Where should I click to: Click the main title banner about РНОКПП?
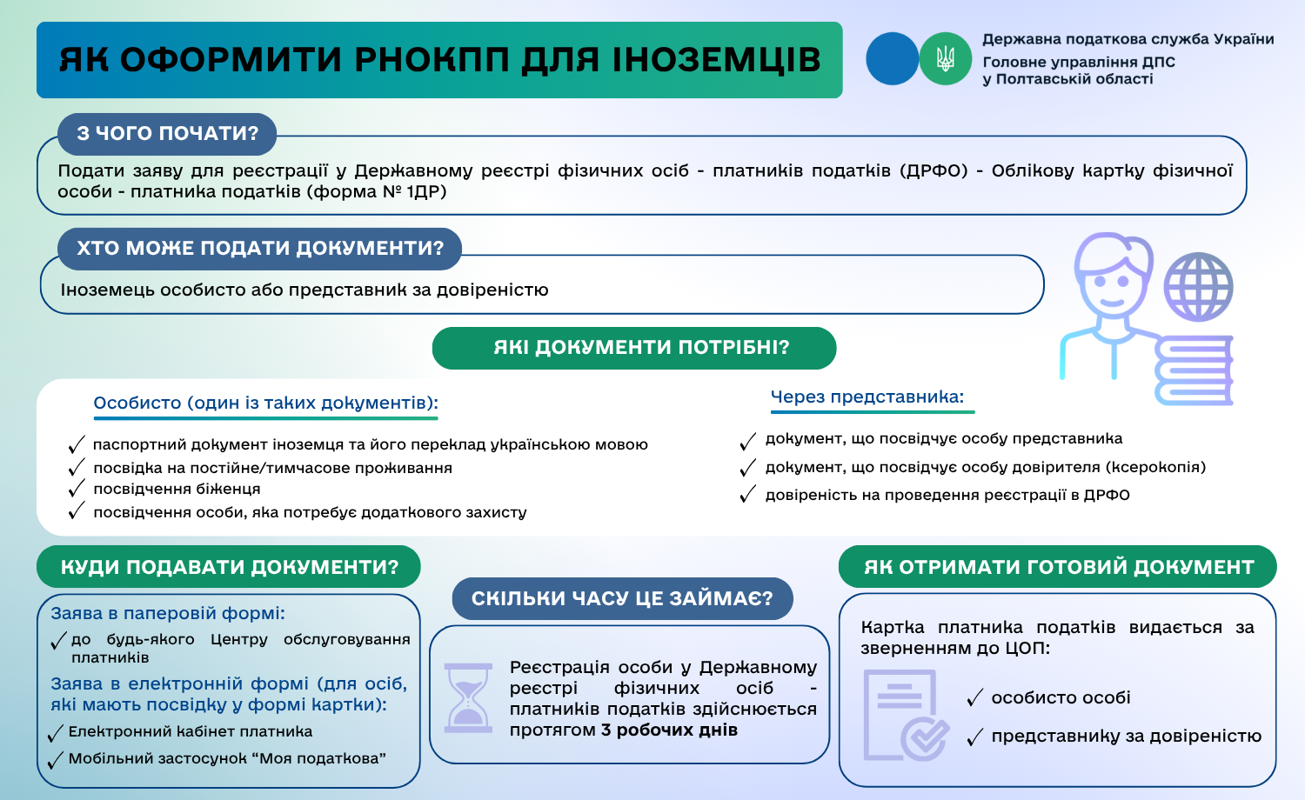click(439, 60)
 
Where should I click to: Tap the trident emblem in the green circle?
click(945, 59)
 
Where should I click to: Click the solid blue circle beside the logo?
click(892, 59)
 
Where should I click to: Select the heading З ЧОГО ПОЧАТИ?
click(167, 134)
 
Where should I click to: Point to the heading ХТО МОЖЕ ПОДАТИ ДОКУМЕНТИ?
click(259, 249)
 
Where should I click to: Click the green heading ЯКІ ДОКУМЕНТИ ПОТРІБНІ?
click(634, 348)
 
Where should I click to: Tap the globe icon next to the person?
click(1198, 287)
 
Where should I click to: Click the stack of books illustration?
click(1194, 370)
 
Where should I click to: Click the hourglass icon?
click(468, 697)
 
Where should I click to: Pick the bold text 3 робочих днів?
click(669, 730)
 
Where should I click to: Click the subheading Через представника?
click(867, 397)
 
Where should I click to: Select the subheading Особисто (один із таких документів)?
click(265, 403)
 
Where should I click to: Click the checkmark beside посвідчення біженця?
click(77, 490)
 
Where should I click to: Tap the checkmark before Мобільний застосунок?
click(56, 759)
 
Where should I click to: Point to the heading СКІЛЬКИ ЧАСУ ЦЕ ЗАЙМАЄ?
click(622, 599)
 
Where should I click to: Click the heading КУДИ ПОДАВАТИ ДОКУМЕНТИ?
click(229, 568)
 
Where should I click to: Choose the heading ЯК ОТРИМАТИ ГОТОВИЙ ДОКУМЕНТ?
click(1058, 568)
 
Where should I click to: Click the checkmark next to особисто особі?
click(974, 698)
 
